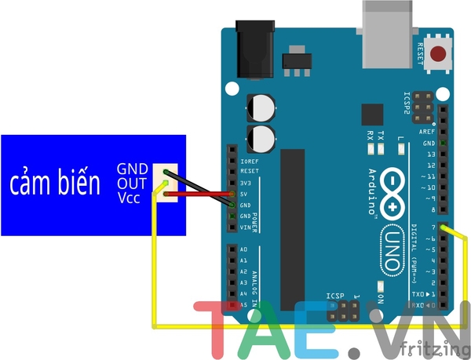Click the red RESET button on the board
(x=441, y=56)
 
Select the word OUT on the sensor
(x=131, y=183)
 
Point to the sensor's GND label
(x=131, y=169)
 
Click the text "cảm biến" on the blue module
(x=55, y=184)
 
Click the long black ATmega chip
(x=293, y=216)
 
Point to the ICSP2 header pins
(x=423, y=101)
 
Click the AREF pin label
(x=427, y=132)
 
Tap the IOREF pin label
(x=248, y=159)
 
